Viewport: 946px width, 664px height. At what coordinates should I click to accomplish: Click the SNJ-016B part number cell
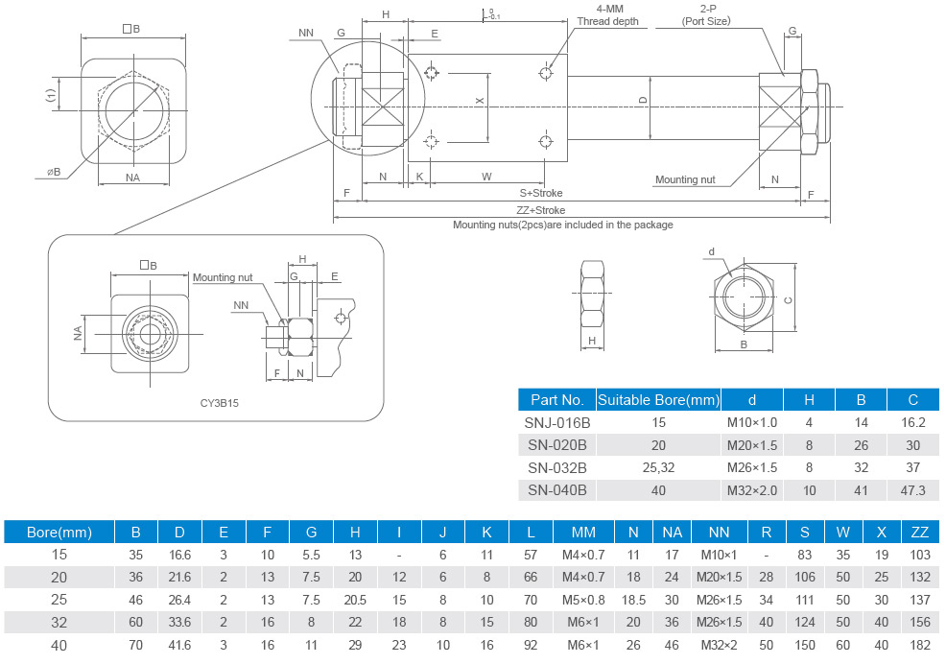557,422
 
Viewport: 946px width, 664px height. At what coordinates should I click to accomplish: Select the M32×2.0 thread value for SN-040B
751,489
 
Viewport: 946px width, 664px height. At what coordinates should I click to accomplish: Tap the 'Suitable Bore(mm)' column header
657,399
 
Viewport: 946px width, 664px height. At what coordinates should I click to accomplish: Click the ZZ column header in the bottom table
919,531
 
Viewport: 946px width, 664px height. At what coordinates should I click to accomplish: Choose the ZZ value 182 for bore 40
919,645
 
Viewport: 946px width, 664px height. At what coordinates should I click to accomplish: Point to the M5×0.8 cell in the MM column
583,599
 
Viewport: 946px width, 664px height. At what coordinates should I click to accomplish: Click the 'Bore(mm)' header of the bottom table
59,531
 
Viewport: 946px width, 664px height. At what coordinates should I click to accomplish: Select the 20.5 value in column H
355,599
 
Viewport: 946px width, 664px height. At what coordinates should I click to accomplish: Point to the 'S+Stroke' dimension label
541,193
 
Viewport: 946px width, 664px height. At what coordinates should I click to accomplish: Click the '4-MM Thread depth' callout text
606,15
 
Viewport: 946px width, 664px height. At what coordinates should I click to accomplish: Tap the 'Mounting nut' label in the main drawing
685,179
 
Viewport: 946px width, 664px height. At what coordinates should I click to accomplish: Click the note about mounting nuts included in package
562,225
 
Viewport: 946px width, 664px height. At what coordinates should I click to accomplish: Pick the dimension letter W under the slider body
486,177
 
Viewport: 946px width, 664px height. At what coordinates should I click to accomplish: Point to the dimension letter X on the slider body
480,101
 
